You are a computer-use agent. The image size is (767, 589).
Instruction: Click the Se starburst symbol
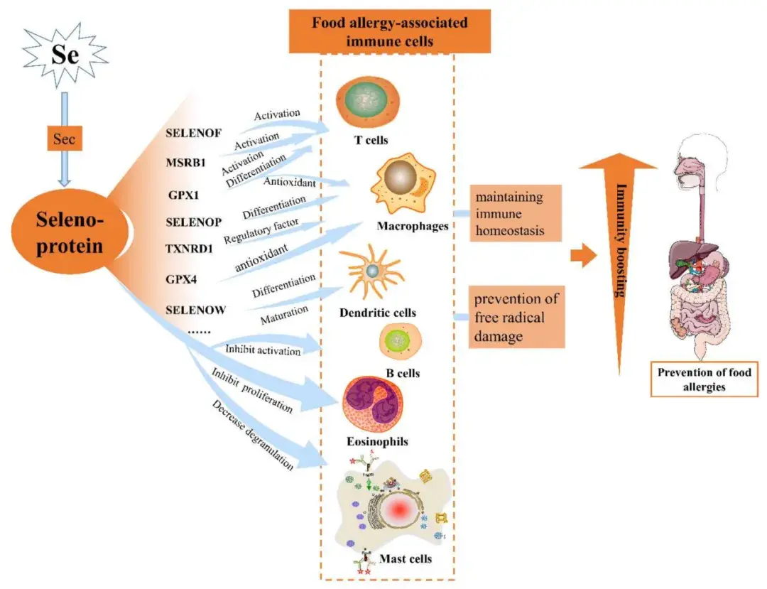point(65,55)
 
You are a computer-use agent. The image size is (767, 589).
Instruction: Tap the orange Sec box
point(64,139)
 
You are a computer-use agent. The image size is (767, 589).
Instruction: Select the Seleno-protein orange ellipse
point(70,233)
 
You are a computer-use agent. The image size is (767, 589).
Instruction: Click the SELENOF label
point(194,133)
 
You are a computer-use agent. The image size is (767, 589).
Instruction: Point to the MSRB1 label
point(186,163)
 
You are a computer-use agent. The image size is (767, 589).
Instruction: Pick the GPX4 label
point(181,279)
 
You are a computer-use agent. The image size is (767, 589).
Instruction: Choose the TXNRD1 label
point(190,249)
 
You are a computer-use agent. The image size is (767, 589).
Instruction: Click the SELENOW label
point(196,310)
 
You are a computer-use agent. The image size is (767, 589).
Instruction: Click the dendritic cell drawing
point(371,271)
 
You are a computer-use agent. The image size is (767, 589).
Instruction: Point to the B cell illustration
point(401,342)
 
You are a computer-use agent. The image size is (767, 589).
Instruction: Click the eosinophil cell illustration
point(374,404)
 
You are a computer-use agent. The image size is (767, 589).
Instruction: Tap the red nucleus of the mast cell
point(398,511)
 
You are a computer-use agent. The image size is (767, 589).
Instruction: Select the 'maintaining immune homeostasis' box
point(516,213)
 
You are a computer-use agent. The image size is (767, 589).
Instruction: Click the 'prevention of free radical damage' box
point(516,317)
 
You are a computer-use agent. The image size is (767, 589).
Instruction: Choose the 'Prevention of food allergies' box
point(705,379)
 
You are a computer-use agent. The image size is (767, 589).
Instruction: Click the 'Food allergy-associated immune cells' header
point(390,31)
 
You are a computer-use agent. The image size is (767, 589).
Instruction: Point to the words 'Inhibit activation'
point(263,350)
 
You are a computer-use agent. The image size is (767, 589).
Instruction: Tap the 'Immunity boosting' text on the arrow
point(621,240)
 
